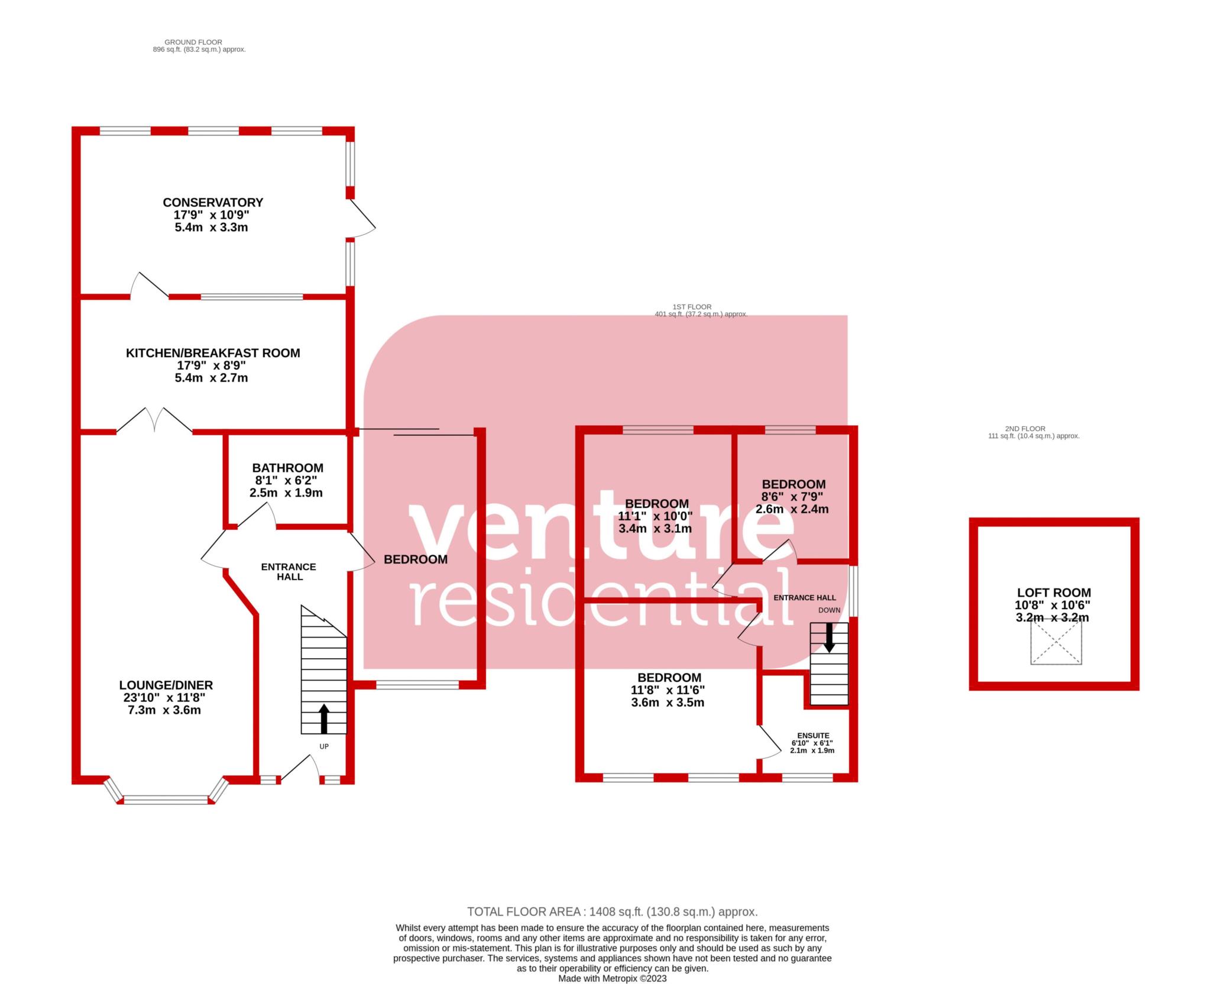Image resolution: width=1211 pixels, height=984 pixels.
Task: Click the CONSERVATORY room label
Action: [213, 202]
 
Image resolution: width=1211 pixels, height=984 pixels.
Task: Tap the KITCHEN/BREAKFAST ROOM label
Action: [213, 353]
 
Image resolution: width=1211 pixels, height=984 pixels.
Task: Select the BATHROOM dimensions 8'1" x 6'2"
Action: [287, 480]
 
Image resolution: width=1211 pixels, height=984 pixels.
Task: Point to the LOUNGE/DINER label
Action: [166, 685]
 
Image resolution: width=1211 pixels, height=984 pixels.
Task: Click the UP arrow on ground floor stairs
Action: [323, 718]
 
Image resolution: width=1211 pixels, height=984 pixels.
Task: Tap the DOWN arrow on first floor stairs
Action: [829, 638]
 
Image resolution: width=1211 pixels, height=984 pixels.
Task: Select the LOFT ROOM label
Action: [1054, 593]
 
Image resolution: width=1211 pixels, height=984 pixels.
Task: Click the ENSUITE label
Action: [812, 736]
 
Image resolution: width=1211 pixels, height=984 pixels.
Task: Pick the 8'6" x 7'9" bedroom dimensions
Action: [792, 496]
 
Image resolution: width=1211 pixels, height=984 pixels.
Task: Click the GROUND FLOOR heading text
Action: [193, 42]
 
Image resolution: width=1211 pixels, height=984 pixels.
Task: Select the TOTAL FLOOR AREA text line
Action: [612, 911]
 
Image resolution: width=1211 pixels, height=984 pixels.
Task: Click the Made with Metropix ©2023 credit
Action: [612, 978]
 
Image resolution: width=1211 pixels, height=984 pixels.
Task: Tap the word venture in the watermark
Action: [600, 526]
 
